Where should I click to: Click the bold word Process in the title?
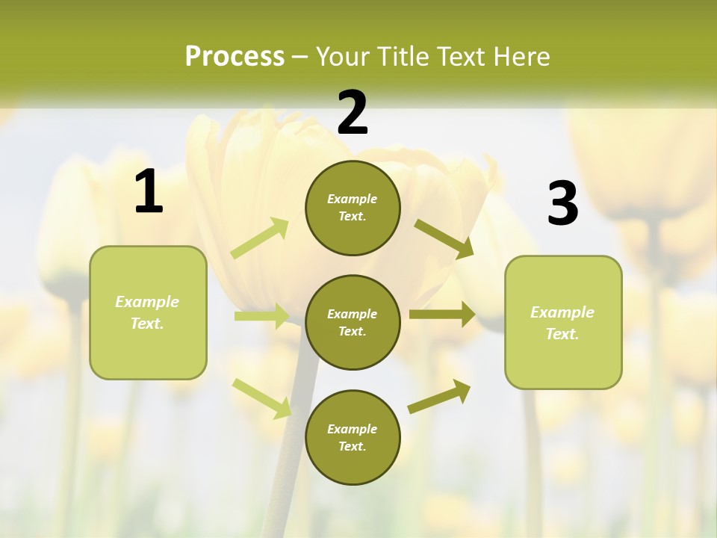tap(235, 56)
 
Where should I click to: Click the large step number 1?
tap(149, 192)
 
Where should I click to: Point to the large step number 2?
tap(353, 113)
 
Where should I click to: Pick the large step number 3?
tap(562, 204)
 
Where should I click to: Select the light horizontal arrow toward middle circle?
tap(261, 316)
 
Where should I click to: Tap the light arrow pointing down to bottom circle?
tap(262, 398)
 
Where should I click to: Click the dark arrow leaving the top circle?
tap(444, 238)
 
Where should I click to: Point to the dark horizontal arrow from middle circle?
tap(441, 315)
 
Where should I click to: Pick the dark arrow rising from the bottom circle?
tap(439, 396)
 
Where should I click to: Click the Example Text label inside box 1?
tap(147, 312)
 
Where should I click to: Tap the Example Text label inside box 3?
tap(562, 323)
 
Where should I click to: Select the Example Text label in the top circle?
tap(353, 208)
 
